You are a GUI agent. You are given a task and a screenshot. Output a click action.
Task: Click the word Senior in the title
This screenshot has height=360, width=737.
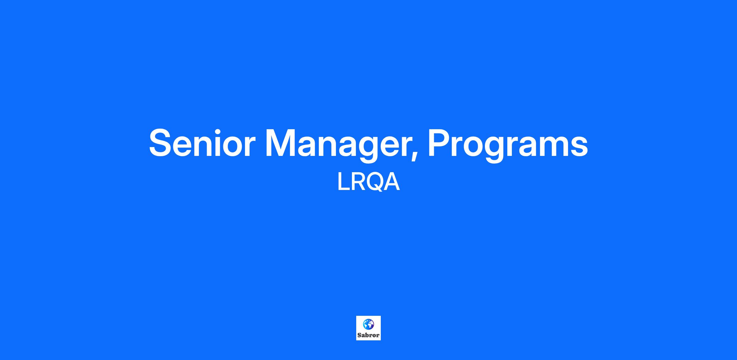pyautogui.click(x=202, y=143)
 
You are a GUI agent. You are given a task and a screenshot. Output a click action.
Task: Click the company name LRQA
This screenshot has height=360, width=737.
pyautogui.click(x=368, y=182)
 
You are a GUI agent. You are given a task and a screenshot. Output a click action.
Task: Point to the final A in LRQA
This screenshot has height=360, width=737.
pyautogui.click(x=392, y=182)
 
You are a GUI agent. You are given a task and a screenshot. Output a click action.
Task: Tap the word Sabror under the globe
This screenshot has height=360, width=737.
pyautogui.click(x=368, y=335)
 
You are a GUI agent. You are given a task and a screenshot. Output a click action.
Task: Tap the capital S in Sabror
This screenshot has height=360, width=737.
pyautogui.click(x=359, y=335)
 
